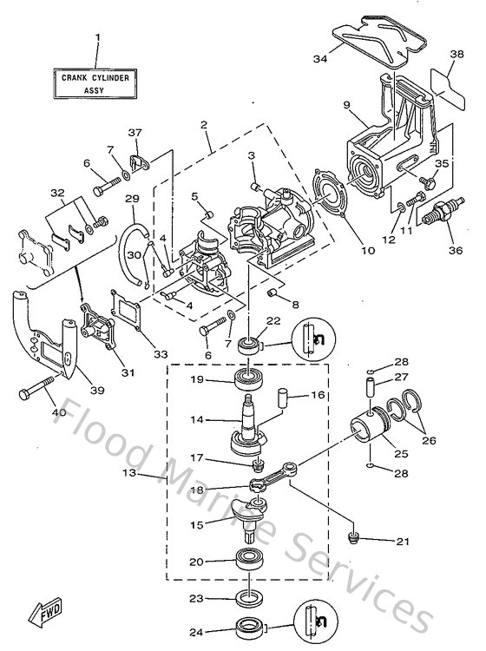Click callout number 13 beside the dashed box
click(154, 475)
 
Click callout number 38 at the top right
click(456, 54)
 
